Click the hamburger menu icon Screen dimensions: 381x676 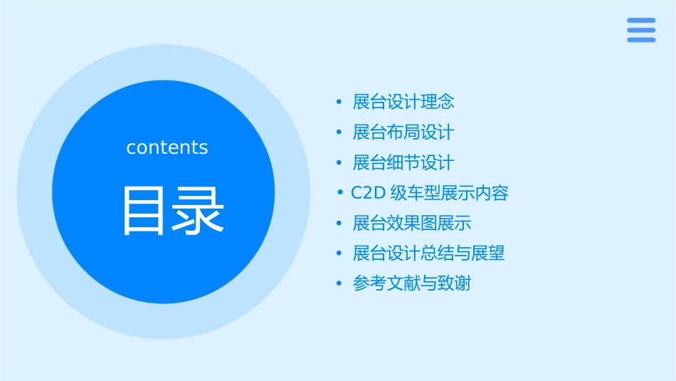pyautogui.click(x=640, y=30)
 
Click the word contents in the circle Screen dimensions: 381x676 pyautogui.click(x=167, y=147)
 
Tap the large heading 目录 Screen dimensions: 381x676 pyautogui.click(x=173, y=211)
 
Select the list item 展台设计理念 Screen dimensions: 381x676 pyautogui.click(x=403, y=102)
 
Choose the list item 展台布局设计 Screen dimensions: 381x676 pyautogui.click(x=403, y=132)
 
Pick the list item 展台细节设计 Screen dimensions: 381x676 pyautogui.click(x=403, y=163)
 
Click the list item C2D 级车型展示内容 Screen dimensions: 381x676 pyautogui.click(x=430, y=193)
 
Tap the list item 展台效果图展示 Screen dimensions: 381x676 pyautogui.click(x=412, y=224)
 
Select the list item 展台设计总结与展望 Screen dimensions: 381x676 pyautogui.click(x=429, y=254)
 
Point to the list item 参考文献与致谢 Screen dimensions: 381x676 pyautogui.click(x=412, y=283)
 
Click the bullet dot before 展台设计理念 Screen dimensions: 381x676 pyautogui.click(x=339, y=103)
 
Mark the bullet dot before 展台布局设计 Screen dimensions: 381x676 pyautogui.click(x=339, y=133)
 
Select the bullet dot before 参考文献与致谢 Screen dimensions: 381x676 pyautogui.click(x=339, y=284)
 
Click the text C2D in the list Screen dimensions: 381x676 pyautogui.click(x=368, y=194)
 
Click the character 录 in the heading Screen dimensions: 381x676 pyautogui.click(x=200, y=211)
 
